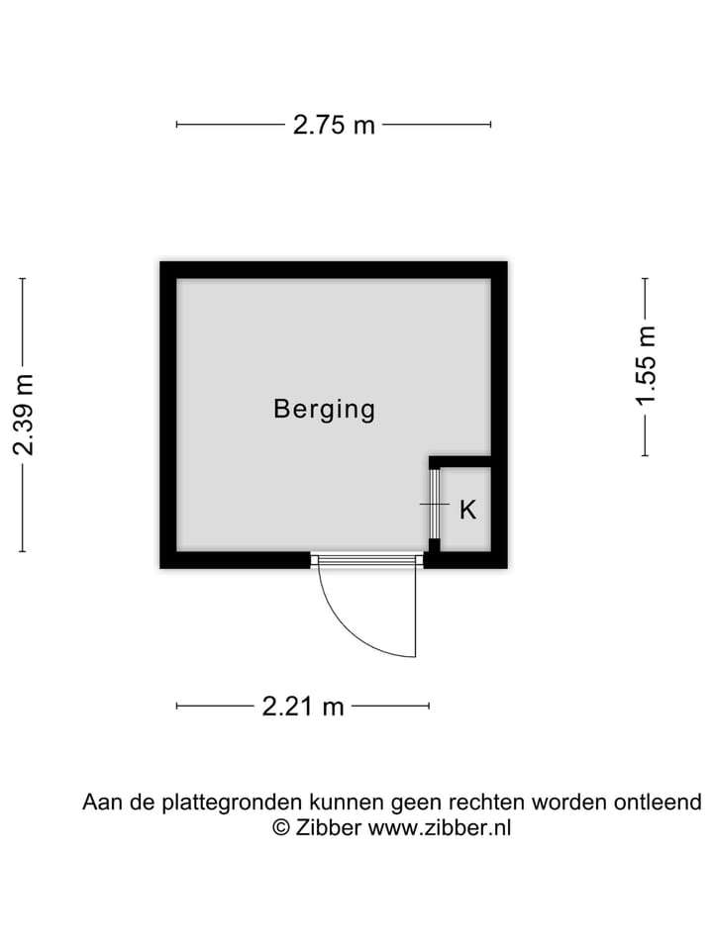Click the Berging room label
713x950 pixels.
click(325, 409)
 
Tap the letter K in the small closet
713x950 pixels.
click(468, 511)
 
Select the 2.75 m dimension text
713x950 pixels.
click(334, 125)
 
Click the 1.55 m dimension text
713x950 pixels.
click(646, 366)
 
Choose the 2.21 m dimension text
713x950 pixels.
click(303, 706)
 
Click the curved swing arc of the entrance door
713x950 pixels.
click(342, 629)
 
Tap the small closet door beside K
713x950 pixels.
click(434, 504)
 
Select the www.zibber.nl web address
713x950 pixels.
click(440, 828)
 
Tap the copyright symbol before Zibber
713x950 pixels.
click(281, 828)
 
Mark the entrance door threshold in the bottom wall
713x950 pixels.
click(367, 561)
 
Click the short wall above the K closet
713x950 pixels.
click(461, 461)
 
